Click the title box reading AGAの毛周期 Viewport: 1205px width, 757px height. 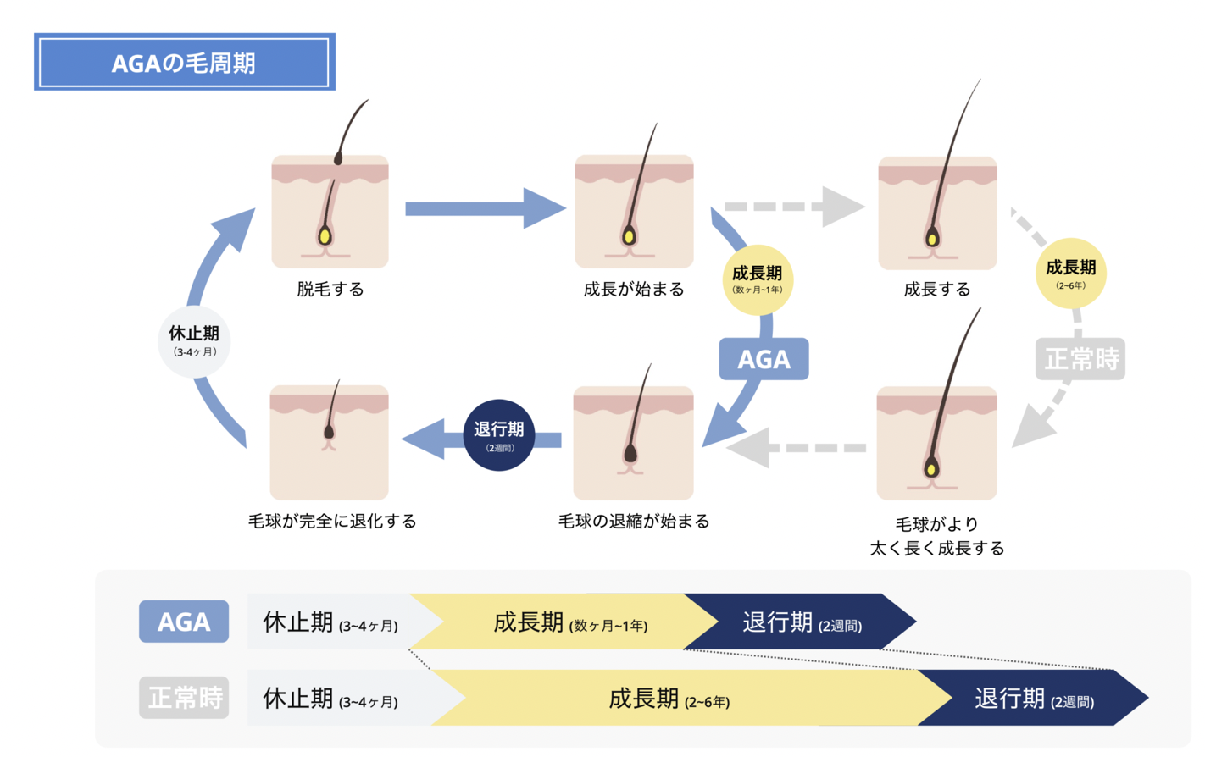coord(184,62)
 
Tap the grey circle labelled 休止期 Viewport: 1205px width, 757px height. coord(194,340)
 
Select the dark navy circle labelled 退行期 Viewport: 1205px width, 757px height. coord(499,435)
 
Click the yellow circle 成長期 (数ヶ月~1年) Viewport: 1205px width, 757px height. coord(757,279)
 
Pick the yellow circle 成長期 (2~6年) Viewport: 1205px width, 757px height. coord(1070,274)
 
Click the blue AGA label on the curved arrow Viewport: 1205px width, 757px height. coord(764,359)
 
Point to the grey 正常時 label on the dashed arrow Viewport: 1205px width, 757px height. coord(1080,359)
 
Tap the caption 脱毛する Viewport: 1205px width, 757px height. coord(330,290)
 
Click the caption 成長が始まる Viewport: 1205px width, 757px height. coord(634,290)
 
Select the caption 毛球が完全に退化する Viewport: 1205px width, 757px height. coord(332,522)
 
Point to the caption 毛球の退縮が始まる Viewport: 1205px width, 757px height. coord(634,522)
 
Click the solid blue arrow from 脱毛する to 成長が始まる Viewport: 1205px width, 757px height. coord(483,208)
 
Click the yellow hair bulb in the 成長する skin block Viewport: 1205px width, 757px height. coord(932,239)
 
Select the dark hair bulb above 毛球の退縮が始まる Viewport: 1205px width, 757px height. coord(630,455)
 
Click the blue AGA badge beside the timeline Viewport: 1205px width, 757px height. coord(184,622)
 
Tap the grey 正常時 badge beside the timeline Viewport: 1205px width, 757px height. coord(184,698)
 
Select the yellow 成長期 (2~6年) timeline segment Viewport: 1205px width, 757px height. coord(669,699)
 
